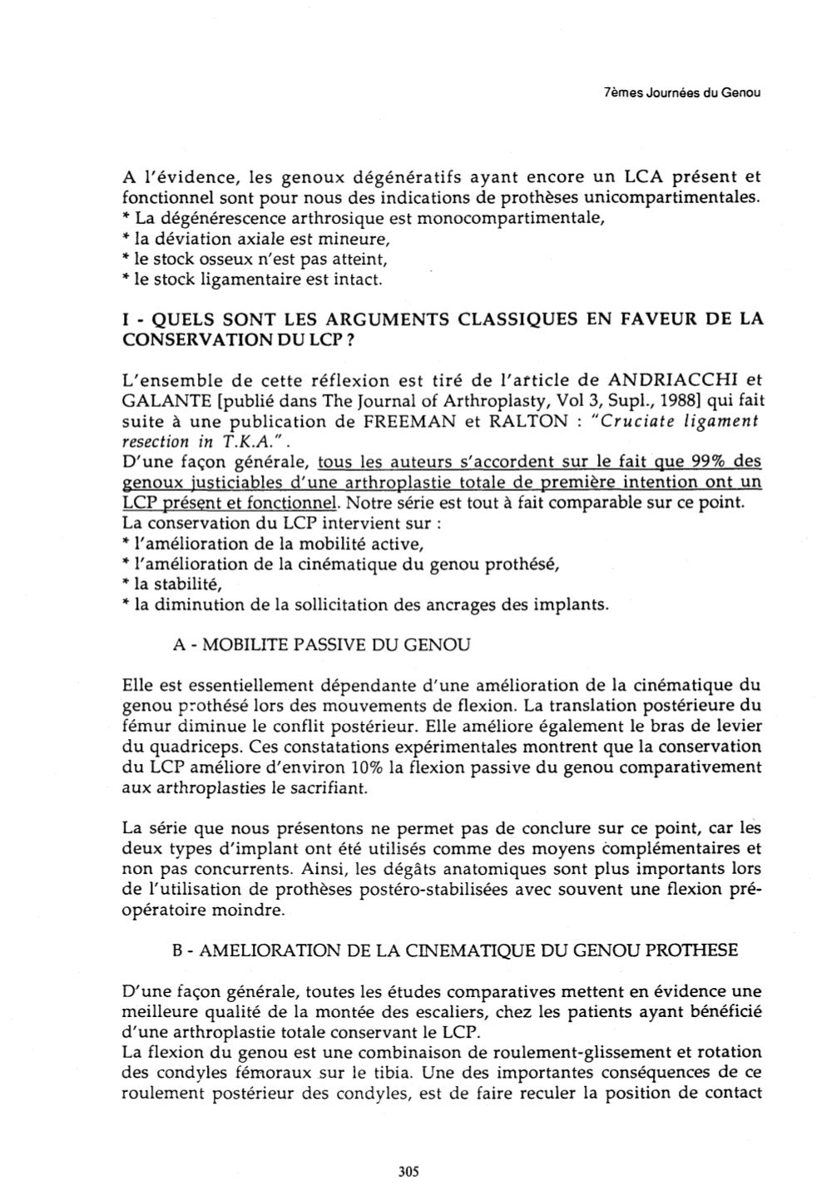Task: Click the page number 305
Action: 408,1171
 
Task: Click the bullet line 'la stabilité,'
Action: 170,584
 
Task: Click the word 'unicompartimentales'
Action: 676,198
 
